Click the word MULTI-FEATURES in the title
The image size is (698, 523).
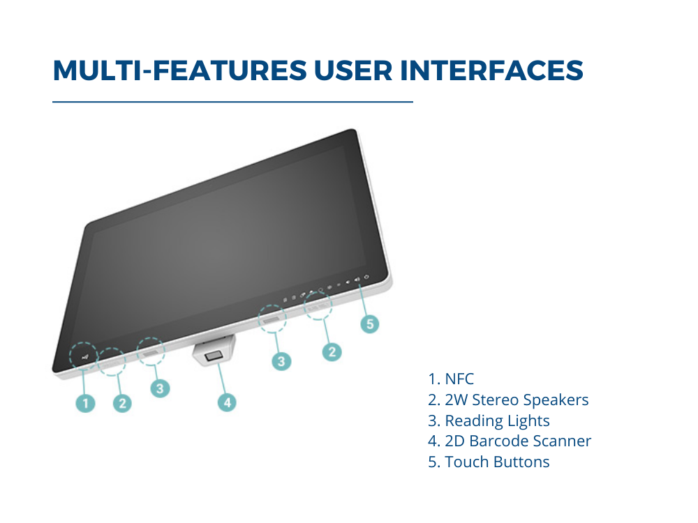coord(180,70)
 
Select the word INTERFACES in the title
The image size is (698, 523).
coord(492,70)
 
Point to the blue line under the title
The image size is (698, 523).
coord(233,102)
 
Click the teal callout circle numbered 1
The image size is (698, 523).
coord(85,403)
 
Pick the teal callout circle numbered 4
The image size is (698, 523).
coord(227,402)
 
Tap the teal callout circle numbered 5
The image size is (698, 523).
coord(370,324)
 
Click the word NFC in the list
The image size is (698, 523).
coord(459,379)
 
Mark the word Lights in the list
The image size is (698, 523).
coord(529,421)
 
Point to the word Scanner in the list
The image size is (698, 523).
coord(562,441)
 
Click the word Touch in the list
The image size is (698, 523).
coord(467,462)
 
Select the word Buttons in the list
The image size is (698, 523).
coord(521,462)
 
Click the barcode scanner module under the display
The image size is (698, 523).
coord(214,351)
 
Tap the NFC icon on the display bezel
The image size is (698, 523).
coord(85,357)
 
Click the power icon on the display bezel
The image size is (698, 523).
coord(366,277)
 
